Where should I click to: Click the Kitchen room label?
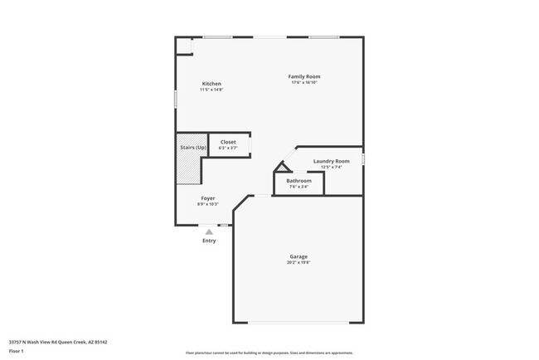click(x=211, y=83)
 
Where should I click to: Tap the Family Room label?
click(x=304, y=76)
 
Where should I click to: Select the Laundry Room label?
click(x=331, y=161)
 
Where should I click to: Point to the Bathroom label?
click(x=299, y=181)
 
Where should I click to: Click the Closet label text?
click(x=228, y=142)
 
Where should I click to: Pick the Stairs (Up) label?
click(x=193, y=148)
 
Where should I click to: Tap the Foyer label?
click(x=208, y=198)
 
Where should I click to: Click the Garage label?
click(x=299, y=256)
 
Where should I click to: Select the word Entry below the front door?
click(x=209, y=241)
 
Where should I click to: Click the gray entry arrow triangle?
click(x=209, y=232)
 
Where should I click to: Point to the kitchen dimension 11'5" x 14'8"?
click(x=211, y=90)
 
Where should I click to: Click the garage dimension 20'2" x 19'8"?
click(x=299, y=263)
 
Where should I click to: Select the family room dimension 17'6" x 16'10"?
click(x=304, y=83)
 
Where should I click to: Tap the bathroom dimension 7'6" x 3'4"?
click(x=299, y=187)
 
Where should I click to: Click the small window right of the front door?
click(x=224, y=225)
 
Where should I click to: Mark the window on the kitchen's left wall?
click(x=175, y=97)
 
